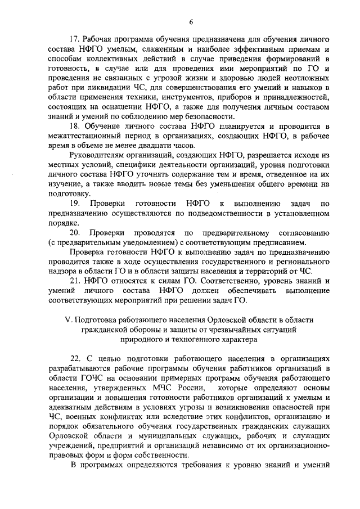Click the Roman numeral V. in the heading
tap(67, 319)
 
